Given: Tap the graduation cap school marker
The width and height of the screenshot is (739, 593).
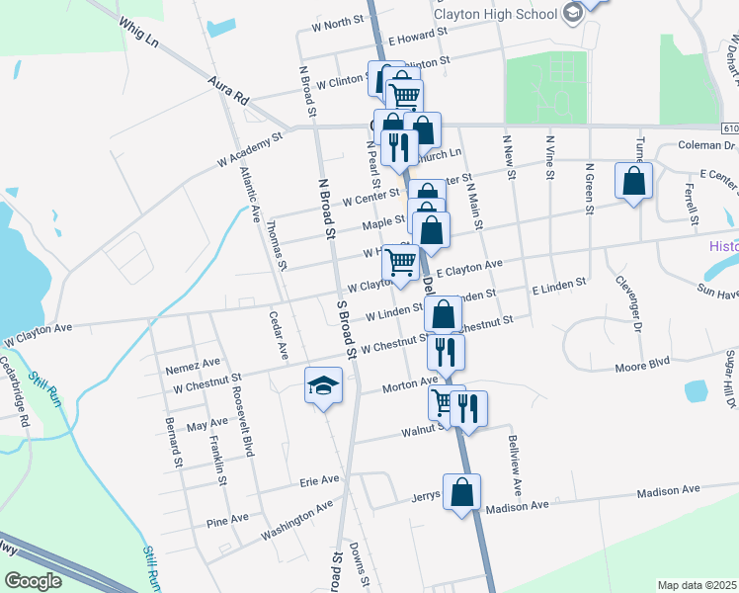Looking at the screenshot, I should [324, 387].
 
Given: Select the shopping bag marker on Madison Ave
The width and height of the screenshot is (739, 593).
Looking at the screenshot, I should [462, 492].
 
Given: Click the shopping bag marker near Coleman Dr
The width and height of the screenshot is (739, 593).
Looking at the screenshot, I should [633, 183].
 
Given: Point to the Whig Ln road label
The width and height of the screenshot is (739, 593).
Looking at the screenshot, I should [137, 37].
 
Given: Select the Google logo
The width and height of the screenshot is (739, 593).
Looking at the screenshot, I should [34, 581].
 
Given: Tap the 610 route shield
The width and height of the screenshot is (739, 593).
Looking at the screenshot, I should [730, 128].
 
